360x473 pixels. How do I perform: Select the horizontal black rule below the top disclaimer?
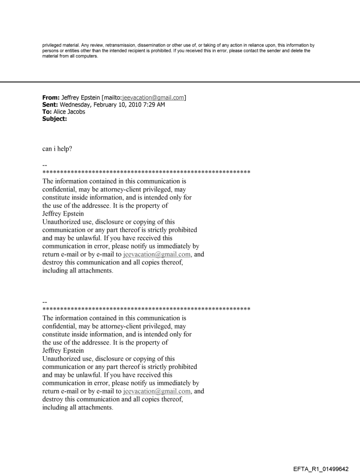(x=180, y=82)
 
